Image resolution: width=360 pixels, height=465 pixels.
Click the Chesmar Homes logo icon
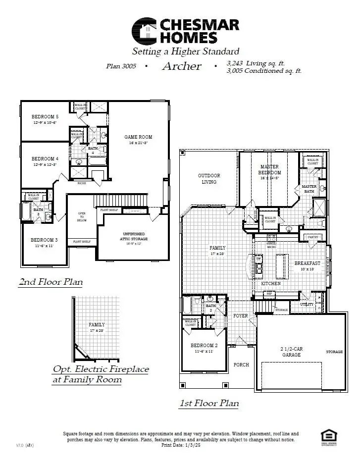[144, 31]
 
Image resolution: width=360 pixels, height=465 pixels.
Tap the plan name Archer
[182, 66]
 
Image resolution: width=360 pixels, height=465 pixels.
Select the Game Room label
[138, 137]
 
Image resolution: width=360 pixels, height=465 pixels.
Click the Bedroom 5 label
[45, 117]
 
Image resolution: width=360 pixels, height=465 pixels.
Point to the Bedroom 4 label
[45, 159]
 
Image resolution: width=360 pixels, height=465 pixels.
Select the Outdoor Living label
[209, 179]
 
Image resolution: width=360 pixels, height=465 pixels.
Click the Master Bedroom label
[269, 170]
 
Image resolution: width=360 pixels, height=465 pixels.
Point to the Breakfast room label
[308, 263]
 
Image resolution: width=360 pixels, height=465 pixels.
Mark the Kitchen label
[271, 283]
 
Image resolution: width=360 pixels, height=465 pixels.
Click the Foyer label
[241, 316]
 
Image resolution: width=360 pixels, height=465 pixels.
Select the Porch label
[241, 364]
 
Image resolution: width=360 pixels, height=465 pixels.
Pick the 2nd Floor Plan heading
[51, 282]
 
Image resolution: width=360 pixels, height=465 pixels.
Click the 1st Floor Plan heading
[208, 403]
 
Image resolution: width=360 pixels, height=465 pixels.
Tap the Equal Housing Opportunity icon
[327, 436]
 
